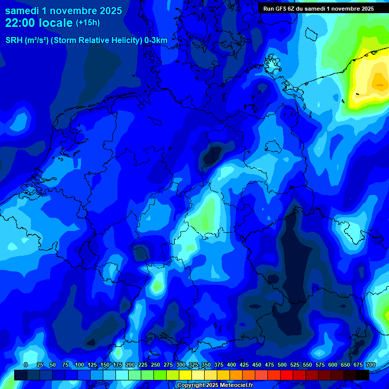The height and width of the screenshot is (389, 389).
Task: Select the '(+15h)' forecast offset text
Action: pyautogui.click(x=88, y=23)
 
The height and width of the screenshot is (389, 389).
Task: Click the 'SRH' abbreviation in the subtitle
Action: pyautogui.click(x=14, y=41)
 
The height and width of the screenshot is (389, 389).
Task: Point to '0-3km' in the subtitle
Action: pyautogui.click(x=156, y=41)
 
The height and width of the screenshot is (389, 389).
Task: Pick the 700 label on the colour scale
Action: pyautogui.click(x=370, y=365)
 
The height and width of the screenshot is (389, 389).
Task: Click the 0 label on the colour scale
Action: pyautogui.click(x=26, y=365)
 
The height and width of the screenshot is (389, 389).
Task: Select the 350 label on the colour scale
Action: pyautogui.click(x=206, y=365)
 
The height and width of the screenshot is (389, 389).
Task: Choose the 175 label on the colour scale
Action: pyautogui.click(x=117, y=365)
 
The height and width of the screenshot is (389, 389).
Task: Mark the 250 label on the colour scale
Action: pyautogui.click(x=155, y=365)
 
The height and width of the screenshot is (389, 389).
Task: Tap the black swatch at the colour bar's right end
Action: pyautogui.click(x=363, y=375)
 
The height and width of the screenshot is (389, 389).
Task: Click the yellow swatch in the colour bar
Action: pyautogui.click(x=185, y=375)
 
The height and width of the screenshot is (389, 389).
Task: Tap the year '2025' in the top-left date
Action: pyautogui.click(x=107, y=11)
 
